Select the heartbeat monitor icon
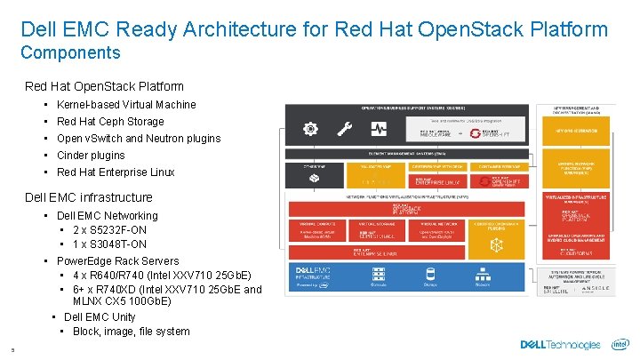click(x=379, y=129)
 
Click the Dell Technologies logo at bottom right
click(x=561, y=345)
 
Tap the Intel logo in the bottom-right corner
click(x=620, y=344)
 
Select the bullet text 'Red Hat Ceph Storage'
click(x=110, y=121)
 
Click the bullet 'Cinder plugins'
click(x=91, y=155)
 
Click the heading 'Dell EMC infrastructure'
click(x=89, y=197)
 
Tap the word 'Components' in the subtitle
click(x=70, y=52)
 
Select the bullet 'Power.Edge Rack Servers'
click(x=117, y=261)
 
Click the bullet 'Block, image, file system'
click(x=131, y=331)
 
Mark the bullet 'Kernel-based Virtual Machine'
click(x=126, y=104)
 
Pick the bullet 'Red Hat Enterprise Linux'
click(x=116, y=172)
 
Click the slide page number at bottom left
click(x=4, y=348)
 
